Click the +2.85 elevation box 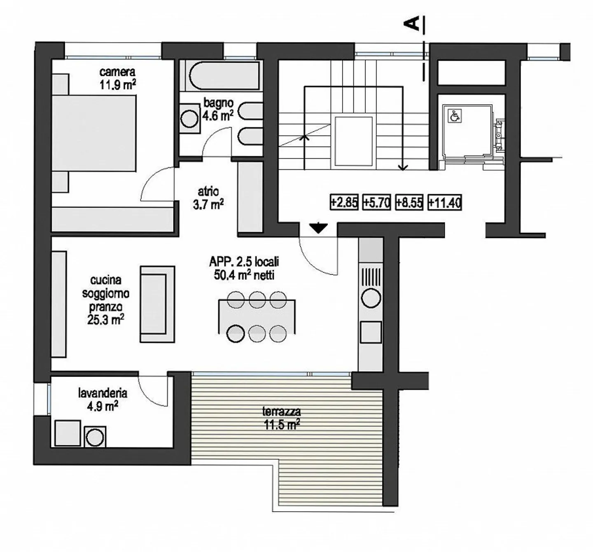344,202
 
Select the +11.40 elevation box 444,202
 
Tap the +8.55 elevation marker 409,202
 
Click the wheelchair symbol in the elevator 454,116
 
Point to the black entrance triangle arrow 318,228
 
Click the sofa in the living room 157,304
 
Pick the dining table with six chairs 257,316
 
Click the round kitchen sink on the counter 371,298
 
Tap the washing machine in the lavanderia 95,437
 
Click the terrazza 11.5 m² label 282,418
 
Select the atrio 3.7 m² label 208,198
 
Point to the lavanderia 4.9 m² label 103,399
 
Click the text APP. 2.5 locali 244,262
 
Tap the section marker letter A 413,23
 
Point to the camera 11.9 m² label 117,78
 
